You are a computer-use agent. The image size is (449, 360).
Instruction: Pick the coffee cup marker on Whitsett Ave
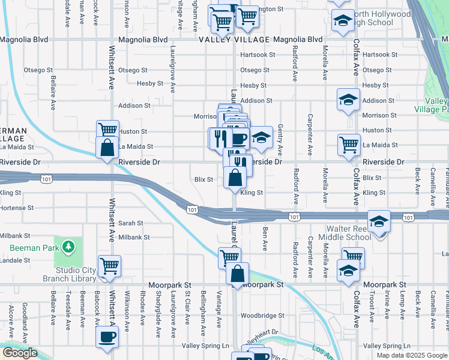click(108, 337)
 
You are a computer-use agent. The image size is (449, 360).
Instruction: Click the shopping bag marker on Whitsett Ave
click(107, 147)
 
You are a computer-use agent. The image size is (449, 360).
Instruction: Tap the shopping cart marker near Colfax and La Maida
click(349, 144)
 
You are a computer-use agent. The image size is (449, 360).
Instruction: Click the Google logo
click(20, 353)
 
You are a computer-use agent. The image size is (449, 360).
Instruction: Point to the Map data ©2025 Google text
click(411, 355)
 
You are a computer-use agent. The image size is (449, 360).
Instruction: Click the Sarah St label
click(130, 223)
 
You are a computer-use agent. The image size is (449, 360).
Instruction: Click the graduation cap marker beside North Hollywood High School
click(342, 21)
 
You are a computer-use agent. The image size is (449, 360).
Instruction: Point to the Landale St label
click(15, 260)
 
